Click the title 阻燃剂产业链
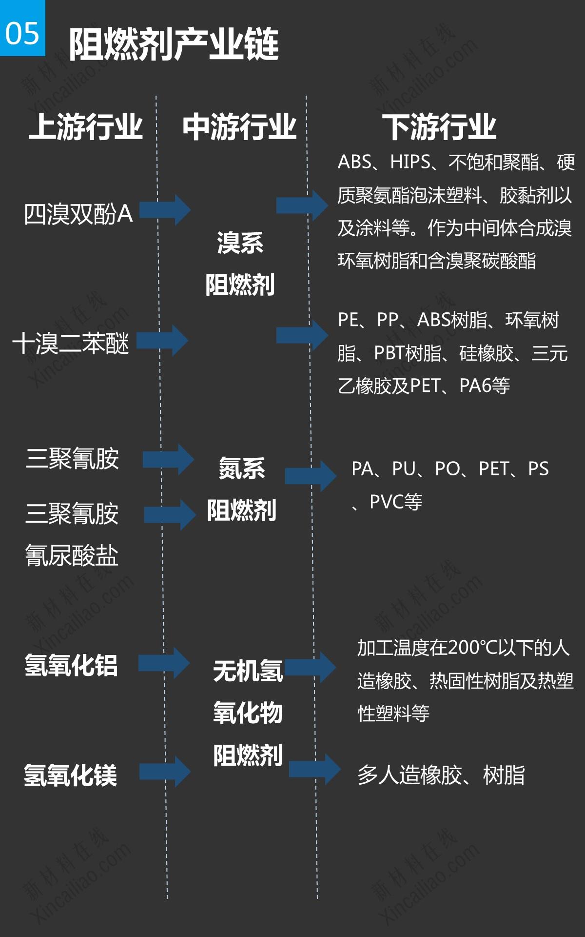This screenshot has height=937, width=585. pos(174,44)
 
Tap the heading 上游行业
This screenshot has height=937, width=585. pos(86,127)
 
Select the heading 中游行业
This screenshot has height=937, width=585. pos(239,127)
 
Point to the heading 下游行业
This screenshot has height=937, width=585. pos(439,127)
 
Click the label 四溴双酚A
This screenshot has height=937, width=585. pos(78,214)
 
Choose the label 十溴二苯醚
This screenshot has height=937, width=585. pos(71,343)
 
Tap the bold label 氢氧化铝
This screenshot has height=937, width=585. pos(71,665)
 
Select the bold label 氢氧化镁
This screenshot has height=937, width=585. pos(71,775)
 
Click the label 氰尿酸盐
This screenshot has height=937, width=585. pos(72,555)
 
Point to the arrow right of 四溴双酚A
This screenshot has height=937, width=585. pos(174,210)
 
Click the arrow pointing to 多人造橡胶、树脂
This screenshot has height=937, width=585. pos(315,770)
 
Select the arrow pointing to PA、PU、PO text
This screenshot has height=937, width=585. pos(311,475)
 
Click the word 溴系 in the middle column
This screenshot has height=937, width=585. pos(240,243)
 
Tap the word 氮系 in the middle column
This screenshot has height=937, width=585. pos(242,468)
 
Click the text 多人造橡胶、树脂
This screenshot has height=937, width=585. pos(441,775)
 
